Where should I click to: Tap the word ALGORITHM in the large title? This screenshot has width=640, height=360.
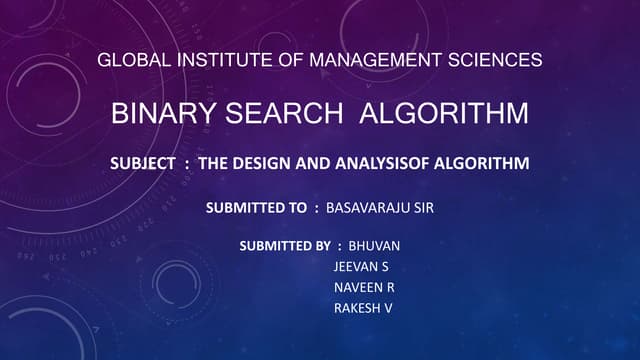point(443,114)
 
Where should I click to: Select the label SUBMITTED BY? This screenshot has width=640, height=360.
point(287,246)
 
